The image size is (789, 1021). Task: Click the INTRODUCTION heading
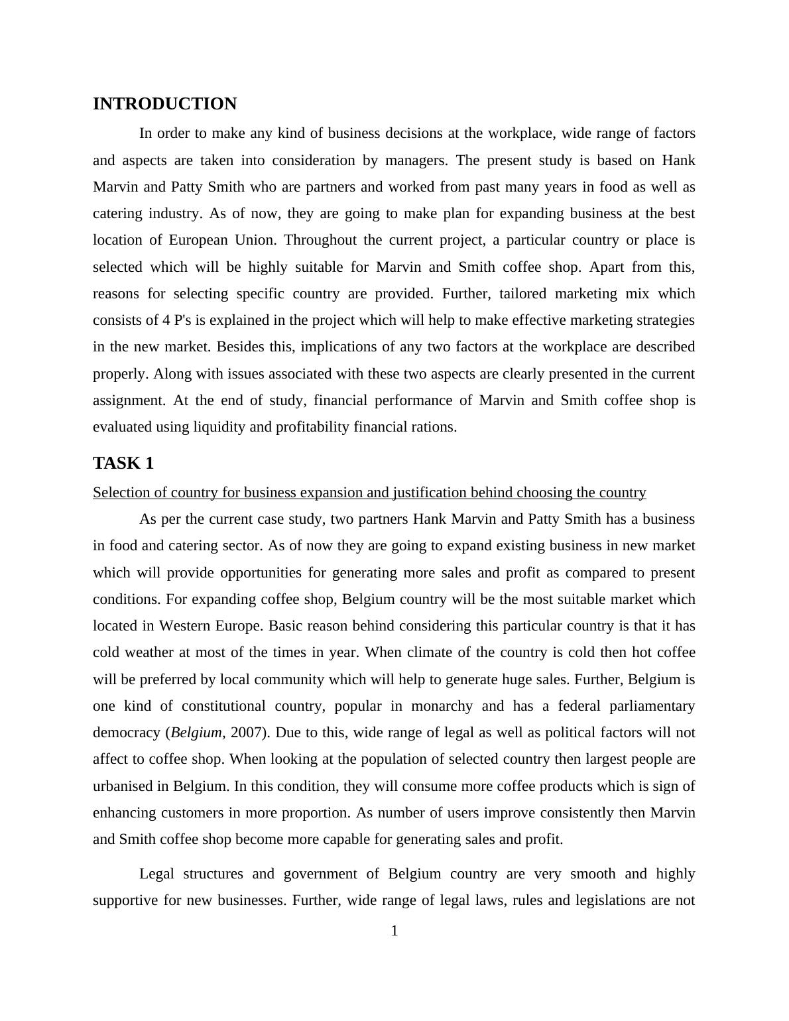click(164, 104)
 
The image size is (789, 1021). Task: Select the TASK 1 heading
click(123, 463)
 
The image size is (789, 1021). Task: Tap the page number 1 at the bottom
click(394, 931)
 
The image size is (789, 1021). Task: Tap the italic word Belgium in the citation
click(196, 733)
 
